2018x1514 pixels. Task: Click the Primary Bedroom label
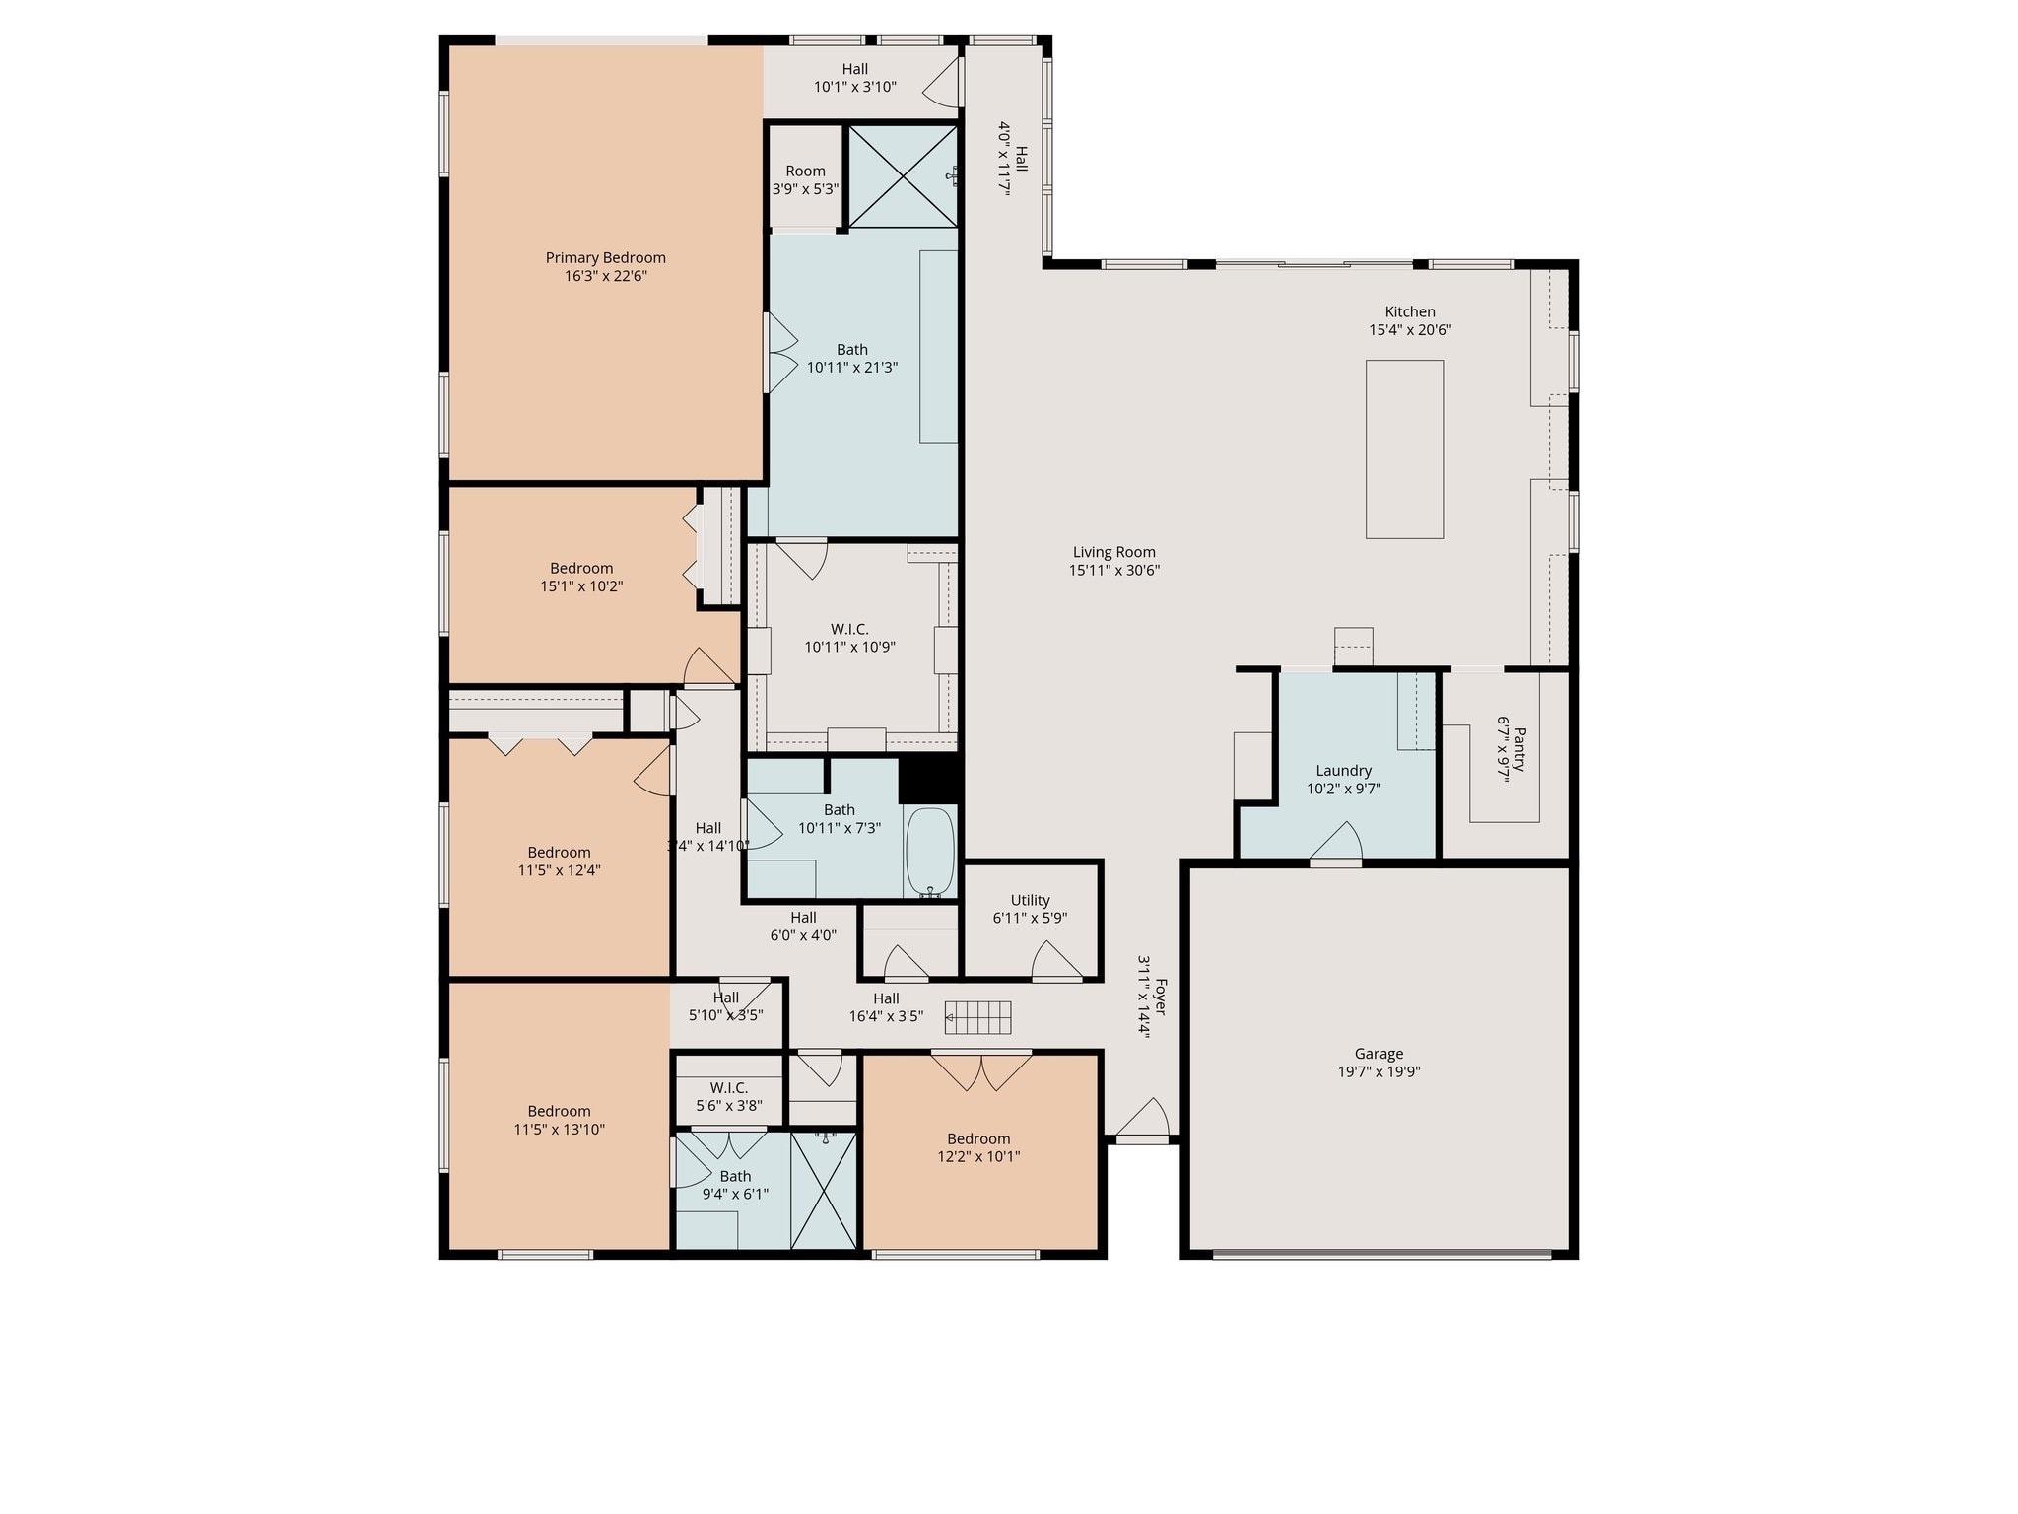(x=605, y=258)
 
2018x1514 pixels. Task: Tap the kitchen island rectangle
(x=1404, y=449)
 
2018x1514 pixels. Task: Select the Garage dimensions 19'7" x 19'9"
(x=1379, y=1072)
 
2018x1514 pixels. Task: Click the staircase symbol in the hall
(x=977, y=1017)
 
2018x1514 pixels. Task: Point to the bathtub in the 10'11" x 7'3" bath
(x=929, y=851)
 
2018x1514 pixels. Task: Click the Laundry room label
(x=1343, y=771)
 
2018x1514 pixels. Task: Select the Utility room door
(x=1055, y=961)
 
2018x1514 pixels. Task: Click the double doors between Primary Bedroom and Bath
(x=781, y=352)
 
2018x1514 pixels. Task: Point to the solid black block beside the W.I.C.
(x=929, y=779)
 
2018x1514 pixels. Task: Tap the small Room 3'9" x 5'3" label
(x=805, y=172)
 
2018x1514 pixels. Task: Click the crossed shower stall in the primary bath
(x=902, y=174)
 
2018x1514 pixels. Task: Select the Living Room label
(x=1113, y=552)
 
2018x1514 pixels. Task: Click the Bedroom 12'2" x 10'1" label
(x=978, y=1138)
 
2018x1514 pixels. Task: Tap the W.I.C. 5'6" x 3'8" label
(x=728, y=1088)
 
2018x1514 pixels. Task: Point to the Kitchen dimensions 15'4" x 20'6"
(x=1409, y=330)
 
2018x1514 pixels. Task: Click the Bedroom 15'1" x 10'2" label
(x=581, y=568)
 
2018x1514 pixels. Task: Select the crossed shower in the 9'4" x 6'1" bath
(x=824, y=1191)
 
